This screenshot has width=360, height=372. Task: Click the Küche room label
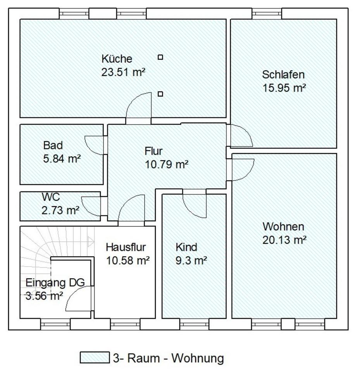[x=117, y=59]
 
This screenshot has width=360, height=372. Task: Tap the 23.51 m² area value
[x=123, y=72]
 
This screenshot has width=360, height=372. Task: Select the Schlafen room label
[x=283, y=74]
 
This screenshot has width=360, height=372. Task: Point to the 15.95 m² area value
[x=284, y=88]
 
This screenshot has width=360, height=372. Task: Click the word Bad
[x=53, y=146]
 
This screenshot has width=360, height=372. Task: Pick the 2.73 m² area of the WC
[x=60, y=210]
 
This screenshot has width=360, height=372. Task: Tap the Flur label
[x=154, y=151]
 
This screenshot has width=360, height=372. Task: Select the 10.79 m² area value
[x=167, y=165]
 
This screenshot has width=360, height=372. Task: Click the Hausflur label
[x=126, y=247]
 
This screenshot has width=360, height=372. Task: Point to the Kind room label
[x=186, y=247]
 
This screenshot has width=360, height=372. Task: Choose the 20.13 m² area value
[x=284, y=240]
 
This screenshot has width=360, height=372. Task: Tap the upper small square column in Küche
[x=160, y=57]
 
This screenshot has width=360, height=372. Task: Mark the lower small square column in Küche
[x=160, y=94]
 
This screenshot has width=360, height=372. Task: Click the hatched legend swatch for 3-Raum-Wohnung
[x=95, y=358]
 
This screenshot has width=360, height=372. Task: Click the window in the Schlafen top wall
[x=267, y=14]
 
